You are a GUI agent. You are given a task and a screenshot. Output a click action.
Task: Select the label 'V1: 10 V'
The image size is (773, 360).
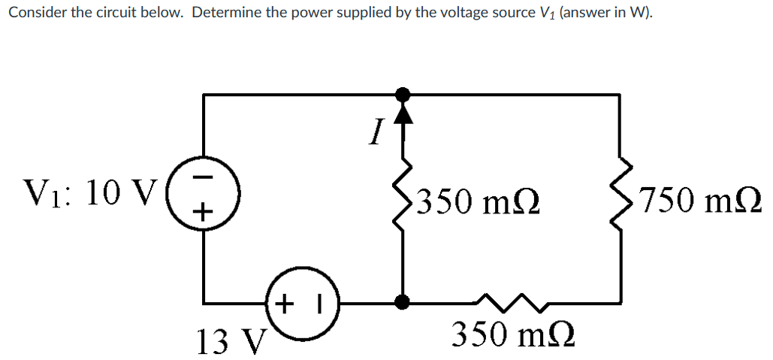point(88,194)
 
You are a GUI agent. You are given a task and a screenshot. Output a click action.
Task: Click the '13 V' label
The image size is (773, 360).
point(227,341)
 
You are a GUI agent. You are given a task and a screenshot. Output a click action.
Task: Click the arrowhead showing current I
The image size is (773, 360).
point(403,112)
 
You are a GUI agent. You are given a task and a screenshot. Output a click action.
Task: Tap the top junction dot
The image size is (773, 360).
point(403,94)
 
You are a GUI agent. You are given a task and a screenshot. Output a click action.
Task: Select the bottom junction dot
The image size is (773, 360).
point(403,302)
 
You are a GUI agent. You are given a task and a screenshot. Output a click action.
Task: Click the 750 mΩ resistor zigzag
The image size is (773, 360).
point(621,198)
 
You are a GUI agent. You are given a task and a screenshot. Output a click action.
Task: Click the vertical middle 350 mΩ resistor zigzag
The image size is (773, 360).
point(403,198)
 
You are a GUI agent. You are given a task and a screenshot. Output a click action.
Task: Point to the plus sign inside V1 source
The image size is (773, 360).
point(201,212)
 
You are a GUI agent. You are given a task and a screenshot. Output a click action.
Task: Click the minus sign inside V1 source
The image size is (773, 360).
point(201,180)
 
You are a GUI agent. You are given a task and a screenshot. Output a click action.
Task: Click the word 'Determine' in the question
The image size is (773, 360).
point(224,14)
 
